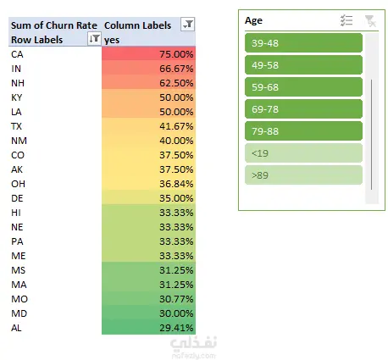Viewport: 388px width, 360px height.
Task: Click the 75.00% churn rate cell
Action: click(148, 53)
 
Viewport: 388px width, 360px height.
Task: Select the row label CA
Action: click(17, 54)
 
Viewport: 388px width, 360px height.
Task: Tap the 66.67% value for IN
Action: click(148, 69)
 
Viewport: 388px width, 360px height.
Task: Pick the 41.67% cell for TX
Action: click(148, 126)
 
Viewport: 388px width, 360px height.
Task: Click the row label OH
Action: click(18, 184)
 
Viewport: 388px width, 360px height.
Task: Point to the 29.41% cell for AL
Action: click(148, 328)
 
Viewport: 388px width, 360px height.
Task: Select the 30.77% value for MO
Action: click(148, 299)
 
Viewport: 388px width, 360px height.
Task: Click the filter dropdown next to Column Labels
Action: click(188, 25)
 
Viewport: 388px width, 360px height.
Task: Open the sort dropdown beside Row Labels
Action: click(94, 38)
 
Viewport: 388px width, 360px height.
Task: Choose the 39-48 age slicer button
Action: click(303, 43)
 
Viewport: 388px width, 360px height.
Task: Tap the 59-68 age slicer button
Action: click(303, 87)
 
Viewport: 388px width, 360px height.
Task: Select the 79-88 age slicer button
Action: click(303, 131)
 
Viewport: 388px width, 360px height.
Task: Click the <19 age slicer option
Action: click(303, 153)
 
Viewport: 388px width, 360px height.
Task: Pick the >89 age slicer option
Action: click(303, 175)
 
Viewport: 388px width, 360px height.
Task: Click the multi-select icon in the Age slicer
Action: click(346, 20)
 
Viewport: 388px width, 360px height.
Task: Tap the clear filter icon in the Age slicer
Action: click(370, 21)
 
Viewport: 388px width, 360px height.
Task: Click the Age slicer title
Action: click(253, 20)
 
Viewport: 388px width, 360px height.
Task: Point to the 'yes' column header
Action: click(112, 40)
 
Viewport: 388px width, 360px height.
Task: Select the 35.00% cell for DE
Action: click(148, 198)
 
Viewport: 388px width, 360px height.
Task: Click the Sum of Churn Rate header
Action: click(54, 25)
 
